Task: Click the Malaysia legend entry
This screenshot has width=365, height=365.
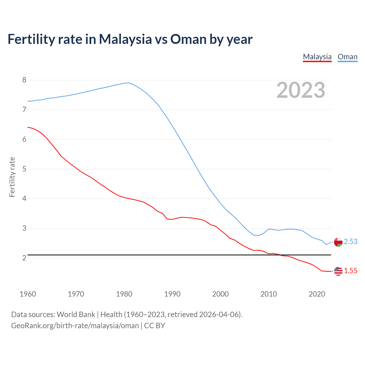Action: tap(317, 57)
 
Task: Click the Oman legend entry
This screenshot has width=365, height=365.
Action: tap(347, 57)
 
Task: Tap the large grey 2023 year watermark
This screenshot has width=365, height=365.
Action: tap(301, 90)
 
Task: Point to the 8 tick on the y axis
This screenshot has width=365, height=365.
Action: tap(24, 80)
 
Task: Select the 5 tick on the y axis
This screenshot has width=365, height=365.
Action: tap(24, 169)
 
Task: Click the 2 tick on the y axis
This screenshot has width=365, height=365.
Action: tap(24, 258)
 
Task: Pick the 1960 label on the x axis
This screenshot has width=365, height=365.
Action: tap(28, 294)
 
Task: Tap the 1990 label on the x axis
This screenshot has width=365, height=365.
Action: tap(172, 294)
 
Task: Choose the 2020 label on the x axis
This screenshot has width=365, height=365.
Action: tap(317, 294)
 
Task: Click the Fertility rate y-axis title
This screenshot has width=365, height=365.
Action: tap(12, 177)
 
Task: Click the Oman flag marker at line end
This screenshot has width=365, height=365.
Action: tap(338, 242)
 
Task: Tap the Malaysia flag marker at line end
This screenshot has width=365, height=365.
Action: tap(338, 271)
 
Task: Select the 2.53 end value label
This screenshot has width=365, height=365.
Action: tap(350, 242)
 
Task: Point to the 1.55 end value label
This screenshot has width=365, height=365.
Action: tap(350, 271)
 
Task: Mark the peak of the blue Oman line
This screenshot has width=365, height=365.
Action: tap(128, 83)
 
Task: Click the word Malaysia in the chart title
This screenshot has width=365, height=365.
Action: tap(125, 39)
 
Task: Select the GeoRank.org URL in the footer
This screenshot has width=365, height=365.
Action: tap(75, 326)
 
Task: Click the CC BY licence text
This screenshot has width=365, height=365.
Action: tap(155, 326)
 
